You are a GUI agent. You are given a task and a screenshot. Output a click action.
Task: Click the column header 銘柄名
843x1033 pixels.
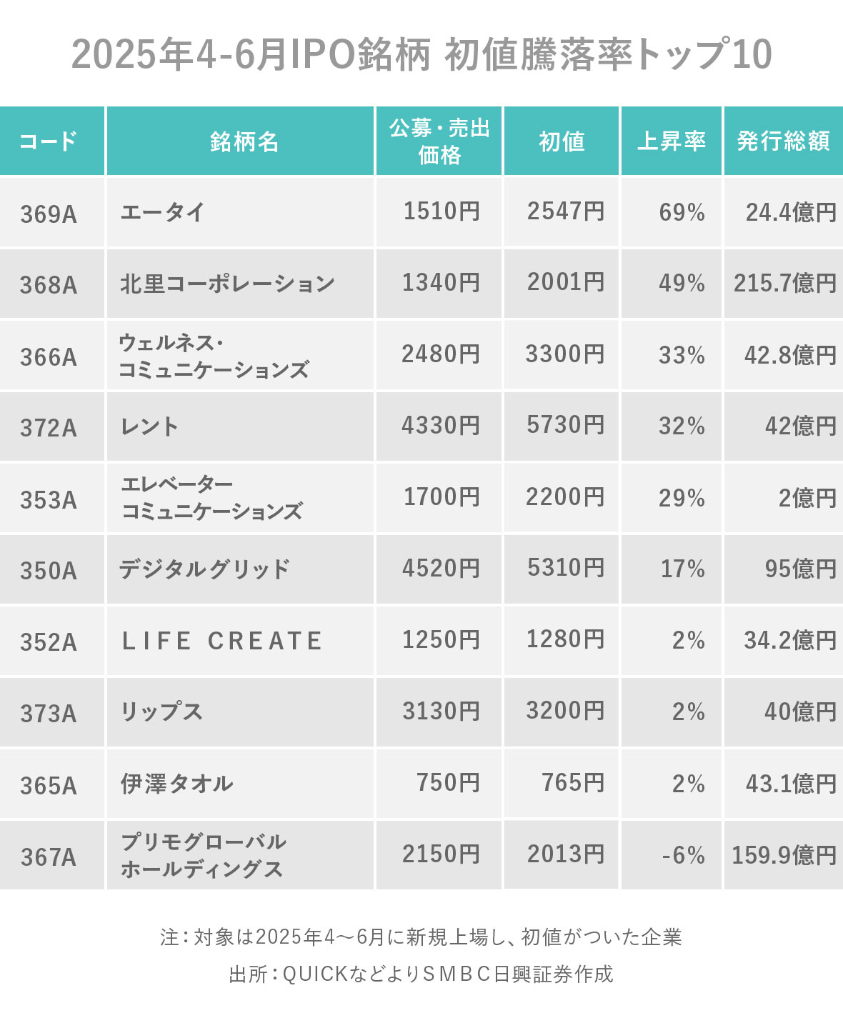click(244, 141)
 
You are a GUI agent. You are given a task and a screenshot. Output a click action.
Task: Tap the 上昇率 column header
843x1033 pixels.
click(671, 141)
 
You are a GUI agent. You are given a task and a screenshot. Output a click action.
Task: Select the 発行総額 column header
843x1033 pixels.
click(783, 141)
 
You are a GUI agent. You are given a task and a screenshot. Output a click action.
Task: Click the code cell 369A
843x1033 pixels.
click(49, 214)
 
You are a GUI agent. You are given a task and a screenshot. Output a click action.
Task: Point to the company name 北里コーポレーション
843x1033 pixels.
click(227, 284)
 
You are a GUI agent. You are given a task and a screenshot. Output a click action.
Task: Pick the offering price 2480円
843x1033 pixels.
click(440, 354)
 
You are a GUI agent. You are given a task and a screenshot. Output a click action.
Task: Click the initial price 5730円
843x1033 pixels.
click(565, 426)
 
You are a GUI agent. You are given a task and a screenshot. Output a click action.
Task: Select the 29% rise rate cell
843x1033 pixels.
click(682, 498)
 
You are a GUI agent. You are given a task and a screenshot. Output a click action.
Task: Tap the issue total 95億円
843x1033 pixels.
click(800, 569)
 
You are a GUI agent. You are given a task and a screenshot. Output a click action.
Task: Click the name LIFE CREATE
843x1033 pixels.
click(222, 641)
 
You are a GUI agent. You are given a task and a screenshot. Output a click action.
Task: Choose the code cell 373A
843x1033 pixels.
click(49, 713)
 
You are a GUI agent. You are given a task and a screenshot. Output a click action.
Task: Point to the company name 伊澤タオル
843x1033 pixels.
click(176, 784)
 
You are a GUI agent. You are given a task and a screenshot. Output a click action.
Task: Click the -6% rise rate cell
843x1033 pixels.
click(682, 855)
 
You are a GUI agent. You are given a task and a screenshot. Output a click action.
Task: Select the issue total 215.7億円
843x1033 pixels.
click(784, 284)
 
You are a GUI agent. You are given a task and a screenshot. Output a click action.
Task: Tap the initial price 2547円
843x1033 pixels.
click(565, 211)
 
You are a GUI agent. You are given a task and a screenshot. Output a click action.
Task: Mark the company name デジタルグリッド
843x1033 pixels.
click(204, 569)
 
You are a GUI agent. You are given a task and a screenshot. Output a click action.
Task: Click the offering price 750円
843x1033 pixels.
click(448, 783)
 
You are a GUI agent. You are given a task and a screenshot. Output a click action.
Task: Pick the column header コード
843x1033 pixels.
click(49, 141)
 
